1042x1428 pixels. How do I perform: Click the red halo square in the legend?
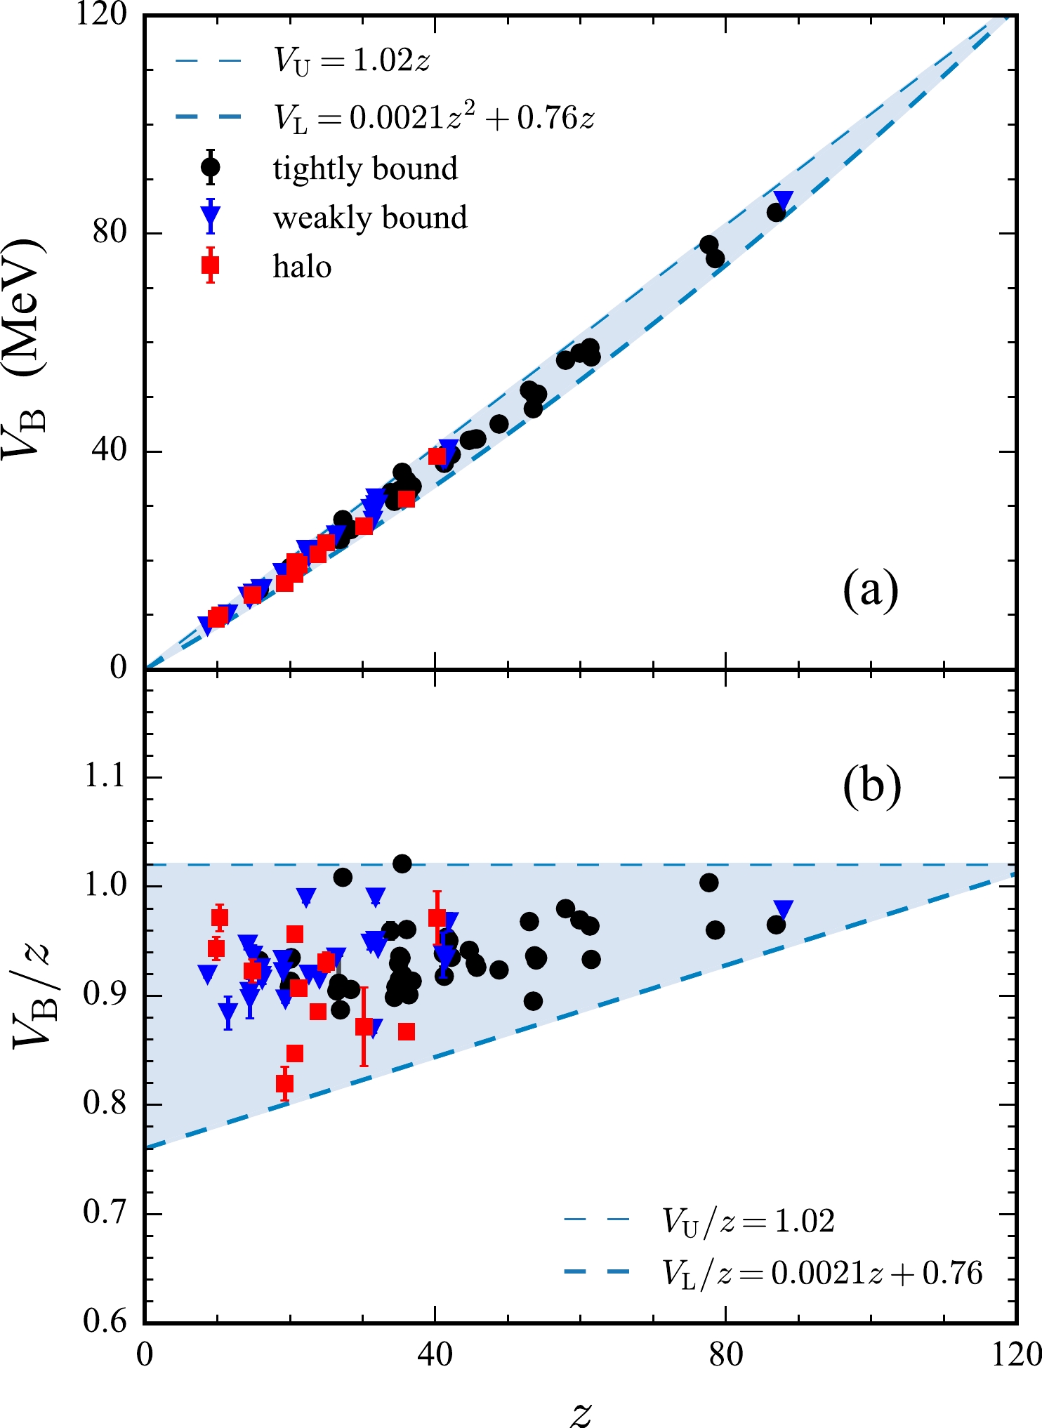(x=210, y=265)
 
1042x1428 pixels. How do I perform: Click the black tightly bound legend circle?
(x=210, y=167)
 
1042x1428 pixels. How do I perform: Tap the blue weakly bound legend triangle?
(x=210, y=217)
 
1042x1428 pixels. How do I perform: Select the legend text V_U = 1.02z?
(x=351, y=61)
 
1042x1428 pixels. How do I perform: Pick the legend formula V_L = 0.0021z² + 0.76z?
(x=434, y=117)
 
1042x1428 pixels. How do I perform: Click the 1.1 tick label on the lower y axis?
(x=105, y=777)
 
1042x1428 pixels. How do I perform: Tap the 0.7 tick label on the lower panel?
(x=105, y=1212)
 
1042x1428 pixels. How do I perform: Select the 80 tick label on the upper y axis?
(x=111, y=232)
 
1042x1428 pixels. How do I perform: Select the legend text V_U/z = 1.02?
(x=748, y=1221)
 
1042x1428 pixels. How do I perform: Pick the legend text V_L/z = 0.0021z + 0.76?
(x=822, y=1272)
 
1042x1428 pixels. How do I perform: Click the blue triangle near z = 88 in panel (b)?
(x=784, y=910)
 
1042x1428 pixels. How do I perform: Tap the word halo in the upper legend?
(x=302, y=267)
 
